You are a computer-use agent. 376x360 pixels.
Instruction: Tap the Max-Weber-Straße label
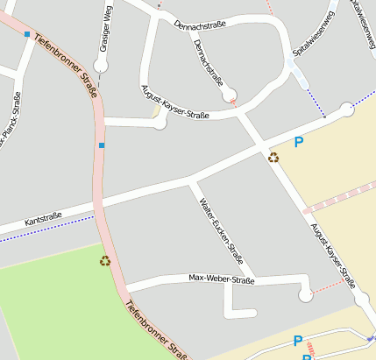coord(221,279)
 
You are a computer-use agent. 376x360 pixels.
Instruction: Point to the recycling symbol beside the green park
coord(105,260)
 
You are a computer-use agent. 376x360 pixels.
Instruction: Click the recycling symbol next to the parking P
coord(273,158)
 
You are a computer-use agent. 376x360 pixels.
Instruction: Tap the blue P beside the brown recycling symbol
coord(299,142)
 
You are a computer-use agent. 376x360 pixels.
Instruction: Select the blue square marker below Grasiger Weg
coord(102,145)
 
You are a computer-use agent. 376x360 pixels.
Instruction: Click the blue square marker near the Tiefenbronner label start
coord(27,34)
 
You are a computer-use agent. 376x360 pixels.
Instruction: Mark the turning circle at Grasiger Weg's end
coord(103,66)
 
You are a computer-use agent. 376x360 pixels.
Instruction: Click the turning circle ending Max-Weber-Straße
coord(305,296)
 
